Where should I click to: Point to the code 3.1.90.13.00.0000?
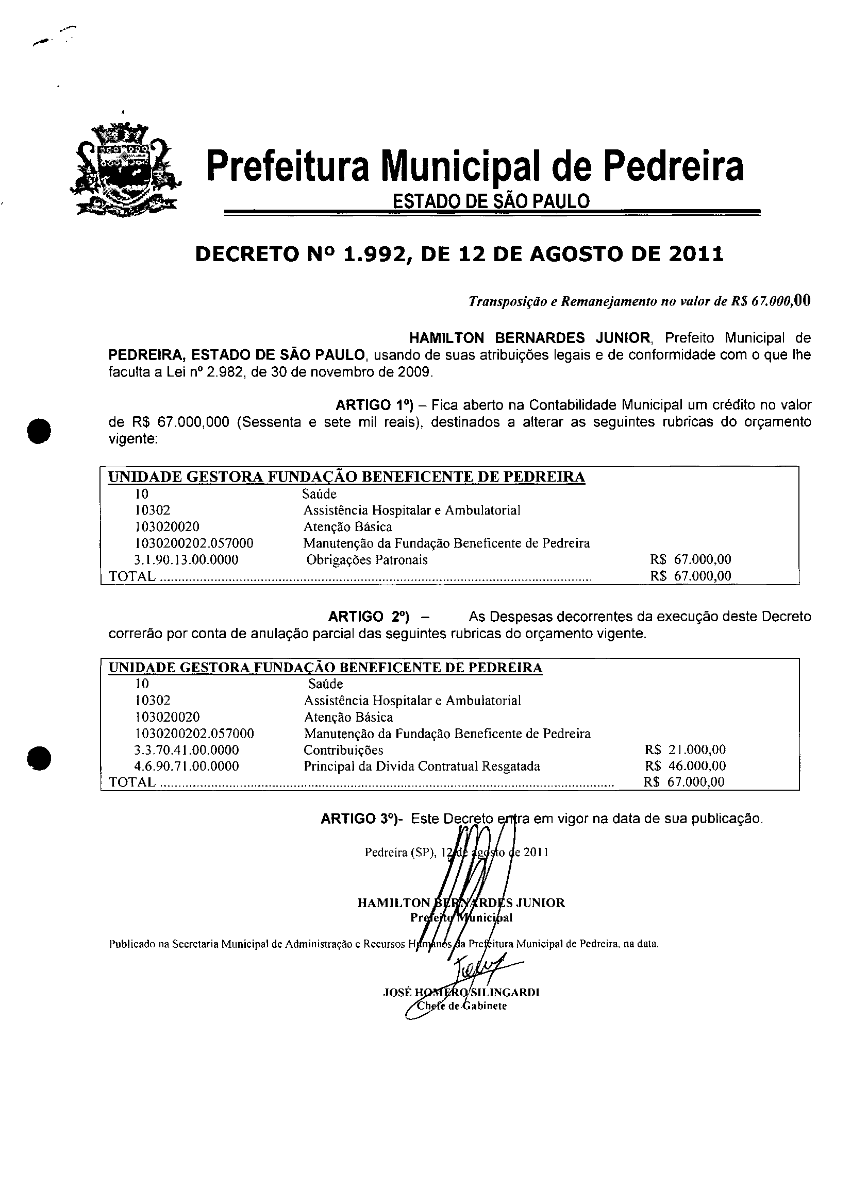pyautogui.click(x=186, y=560)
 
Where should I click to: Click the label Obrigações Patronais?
pyautogui.click(x=367, y=560)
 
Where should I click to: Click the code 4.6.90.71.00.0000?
pyautogui.click(x=187, y=766)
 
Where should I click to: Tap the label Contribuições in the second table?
pyautogui.click(x=343, y=750)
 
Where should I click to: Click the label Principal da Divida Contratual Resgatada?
pyautogui.click(x=422, y=766)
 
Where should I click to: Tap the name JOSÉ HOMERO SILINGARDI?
pyautogui.click(x=461, y=992)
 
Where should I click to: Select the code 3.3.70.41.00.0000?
pyautogui.click(x=187, y=750)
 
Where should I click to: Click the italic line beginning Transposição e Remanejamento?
pyautogui.click(x=639, y=301)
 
